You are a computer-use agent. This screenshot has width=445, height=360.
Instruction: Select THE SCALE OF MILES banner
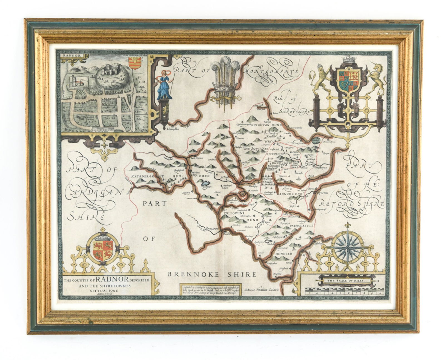345,280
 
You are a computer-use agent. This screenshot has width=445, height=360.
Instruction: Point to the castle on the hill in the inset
111,70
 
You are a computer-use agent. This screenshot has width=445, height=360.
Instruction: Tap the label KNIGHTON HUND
266,125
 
